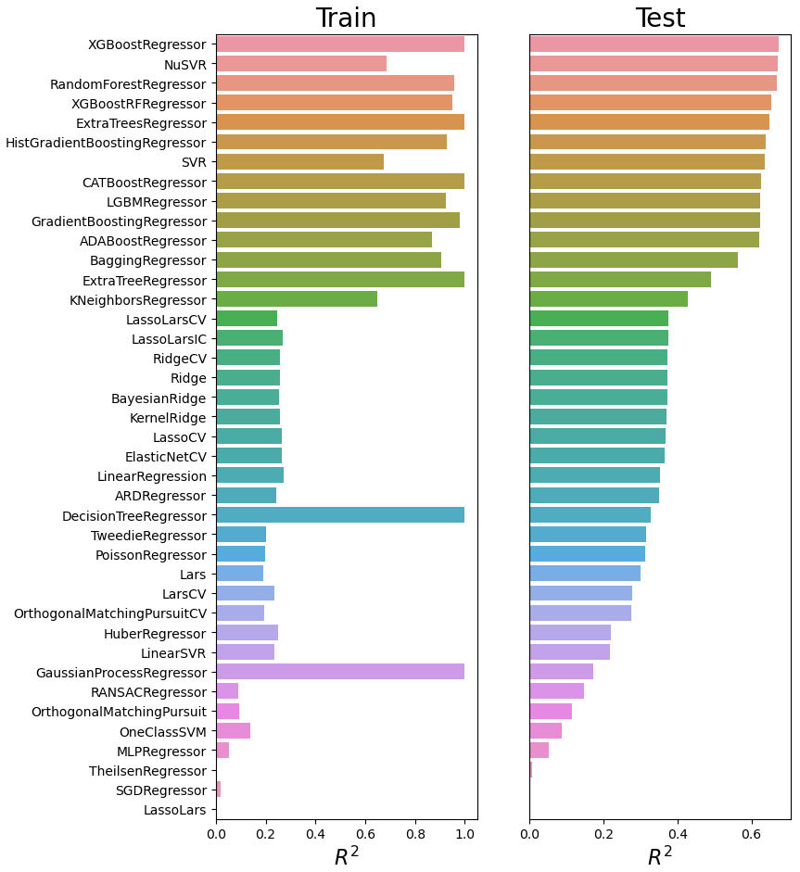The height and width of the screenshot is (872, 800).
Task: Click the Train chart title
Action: pos(346,19)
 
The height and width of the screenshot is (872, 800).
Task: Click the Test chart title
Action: pos(660,19)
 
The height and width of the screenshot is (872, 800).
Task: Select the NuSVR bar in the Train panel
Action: pos(301,64)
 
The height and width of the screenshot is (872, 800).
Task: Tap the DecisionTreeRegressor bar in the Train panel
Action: pos(340,515)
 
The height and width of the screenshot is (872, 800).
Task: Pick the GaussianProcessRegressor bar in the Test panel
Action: pos(561,672)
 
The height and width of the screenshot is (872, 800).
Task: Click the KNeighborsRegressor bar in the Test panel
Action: pos(608,299)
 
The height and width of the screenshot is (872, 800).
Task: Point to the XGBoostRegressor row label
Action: pos(146,44)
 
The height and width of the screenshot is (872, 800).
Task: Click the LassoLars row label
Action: pos(174,810)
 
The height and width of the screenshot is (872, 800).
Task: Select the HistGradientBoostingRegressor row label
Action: pos(106,143)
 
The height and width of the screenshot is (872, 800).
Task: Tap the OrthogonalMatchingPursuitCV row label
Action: pos(109,613)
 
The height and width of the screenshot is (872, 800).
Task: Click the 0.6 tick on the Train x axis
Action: pos(365,834)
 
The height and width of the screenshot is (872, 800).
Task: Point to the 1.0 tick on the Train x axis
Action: pos(464,834)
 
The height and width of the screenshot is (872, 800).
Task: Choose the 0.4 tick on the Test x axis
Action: pos(678,834)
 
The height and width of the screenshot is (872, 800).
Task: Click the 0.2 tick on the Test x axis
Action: pos(603,834)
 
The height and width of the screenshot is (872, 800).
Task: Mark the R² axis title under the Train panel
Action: pos(346,856)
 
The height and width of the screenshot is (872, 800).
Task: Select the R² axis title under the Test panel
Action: pos(660,856)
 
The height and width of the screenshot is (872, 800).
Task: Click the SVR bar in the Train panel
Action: pos(299,162)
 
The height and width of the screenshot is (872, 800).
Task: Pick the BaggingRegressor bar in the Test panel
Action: pos(633,260)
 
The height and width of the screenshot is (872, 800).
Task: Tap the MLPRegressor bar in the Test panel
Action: pos(539,751)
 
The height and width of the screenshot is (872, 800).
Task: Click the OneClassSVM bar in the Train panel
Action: pos(233,731)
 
